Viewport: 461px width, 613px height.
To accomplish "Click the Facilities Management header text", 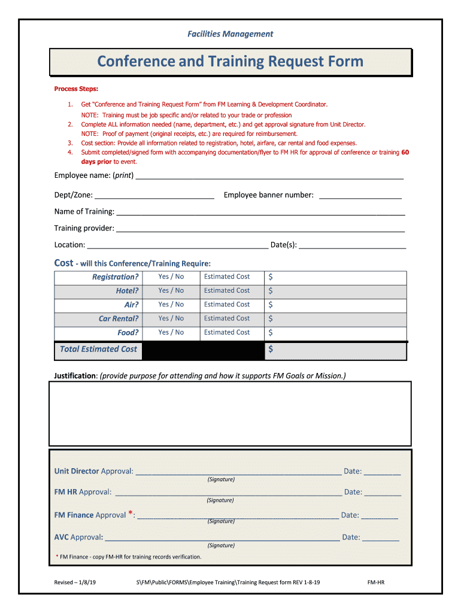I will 230,34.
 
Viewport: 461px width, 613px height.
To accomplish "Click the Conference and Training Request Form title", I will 230,62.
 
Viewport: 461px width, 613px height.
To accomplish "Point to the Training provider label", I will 84,228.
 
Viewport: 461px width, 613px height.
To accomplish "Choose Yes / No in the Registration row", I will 171,277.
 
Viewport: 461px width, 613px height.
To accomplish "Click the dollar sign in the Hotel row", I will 271,291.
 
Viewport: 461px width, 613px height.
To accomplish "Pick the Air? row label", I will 131,305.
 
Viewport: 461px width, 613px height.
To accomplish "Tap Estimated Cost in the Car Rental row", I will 227,318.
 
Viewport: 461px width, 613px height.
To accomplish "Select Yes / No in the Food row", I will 171,332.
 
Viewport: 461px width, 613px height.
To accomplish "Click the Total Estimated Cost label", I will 99,350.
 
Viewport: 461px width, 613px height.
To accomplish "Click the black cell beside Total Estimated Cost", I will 203,351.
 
